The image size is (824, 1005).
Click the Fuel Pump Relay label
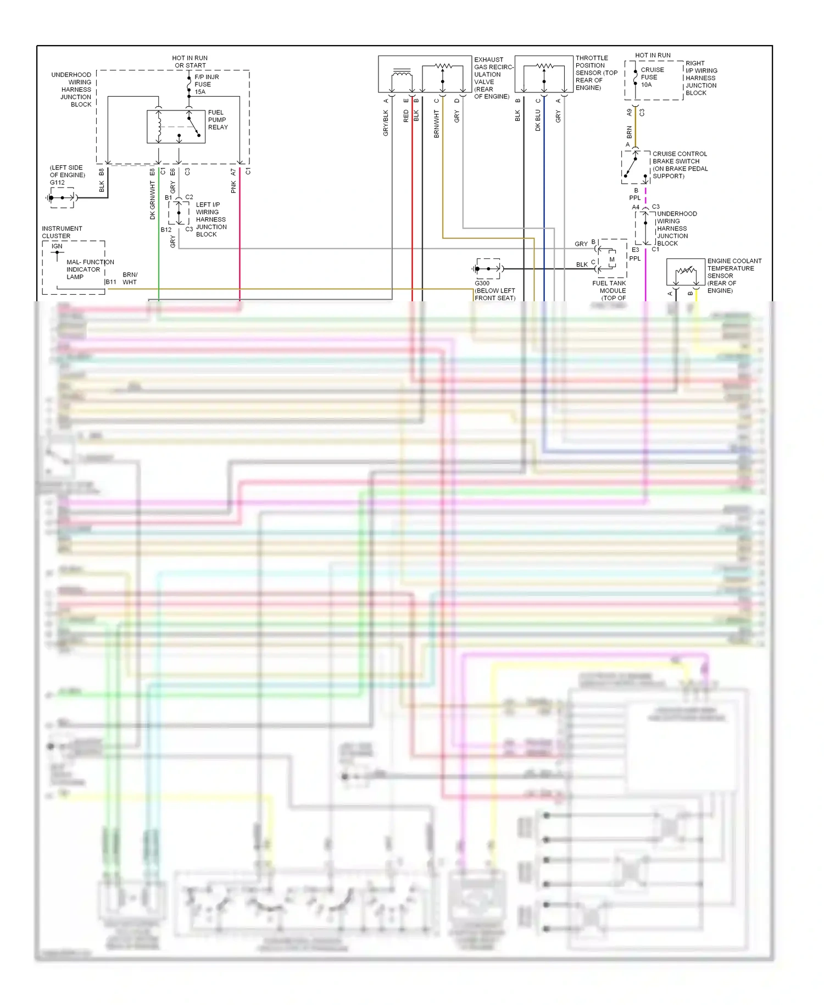pos(218,120)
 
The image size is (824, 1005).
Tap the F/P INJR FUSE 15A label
pos(206,84)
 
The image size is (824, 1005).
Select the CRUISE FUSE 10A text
pos(652,77)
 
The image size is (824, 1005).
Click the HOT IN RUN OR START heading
pos(190,62)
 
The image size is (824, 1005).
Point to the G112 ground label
pos(57,183)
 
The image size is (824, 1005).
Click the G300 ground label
pos(482,283)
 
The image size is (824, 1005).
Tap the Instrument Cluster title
pos(62,232)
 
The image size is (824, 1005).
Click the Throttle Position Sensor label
pos(596,73)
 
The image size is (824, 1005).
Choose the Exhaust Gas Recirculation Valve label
pos(492,78)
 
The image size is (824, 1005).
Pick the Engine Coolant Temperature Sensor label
pos(733,275)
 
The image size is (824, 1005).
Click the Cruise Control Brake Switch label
pos(680,165)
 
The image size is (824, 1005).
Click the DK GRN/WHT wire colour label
pos(153,201)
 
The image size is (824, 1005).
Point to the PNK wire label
pos(233,187)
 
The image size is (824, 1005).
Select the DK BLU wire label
pos(538,120)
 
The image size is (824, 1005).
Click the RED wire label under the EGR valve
pos(406,116)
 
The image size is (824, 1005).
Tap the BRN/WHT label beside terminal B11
pos(130,278)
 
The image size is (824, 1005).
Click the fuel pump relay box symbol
pos(176,127)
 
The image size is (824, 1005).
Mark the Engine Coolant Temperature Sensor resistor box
pos(685,272)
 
